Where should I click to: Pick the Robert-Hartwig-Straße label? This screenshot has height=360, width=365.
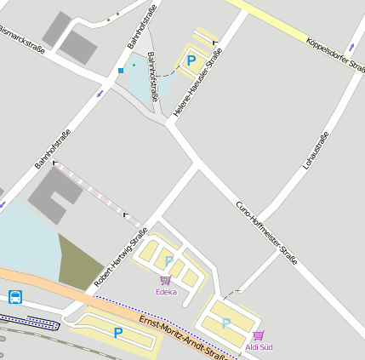pyautogui.click(x=121, y=256)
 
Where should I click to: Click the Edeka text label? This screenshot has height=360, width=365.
pyautogui.click(x=166, y=292)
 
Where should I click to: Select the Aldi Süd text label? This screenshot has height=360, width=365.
pyautogui.click(x=259, y=347)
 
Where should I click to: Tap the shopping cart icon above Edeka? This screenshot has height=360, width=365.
pyautogui.click(x=165, y=280)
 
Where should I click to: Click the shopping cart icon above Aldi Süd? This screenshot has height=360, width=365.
pyautogui.click(x=258, y=335)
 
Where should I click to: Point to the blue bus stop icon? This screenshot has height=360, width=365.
pyautogui.click(x=15, y=297)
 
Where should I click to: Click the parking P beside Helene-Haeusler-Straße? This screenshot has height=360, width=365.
pyautogui.click(x=191, y=60)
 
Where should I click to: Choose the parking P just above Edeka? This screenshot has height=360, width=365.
pyautogui.click(x=169, y=260)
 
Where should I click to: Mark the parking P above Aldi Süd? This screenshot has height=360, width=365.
pyautogui.click(x=225, y=323)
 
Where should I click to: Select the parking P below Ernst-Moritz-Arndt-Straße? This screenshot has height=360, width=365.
pyautogui.click(x=117, y=333)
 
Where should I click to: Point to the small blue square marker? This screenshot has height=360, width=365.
pyautogui.click(x=121, y=70)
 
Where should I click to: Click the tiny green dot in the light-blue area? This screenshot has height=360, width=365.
pyautogui.click(x=134, y=65)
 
